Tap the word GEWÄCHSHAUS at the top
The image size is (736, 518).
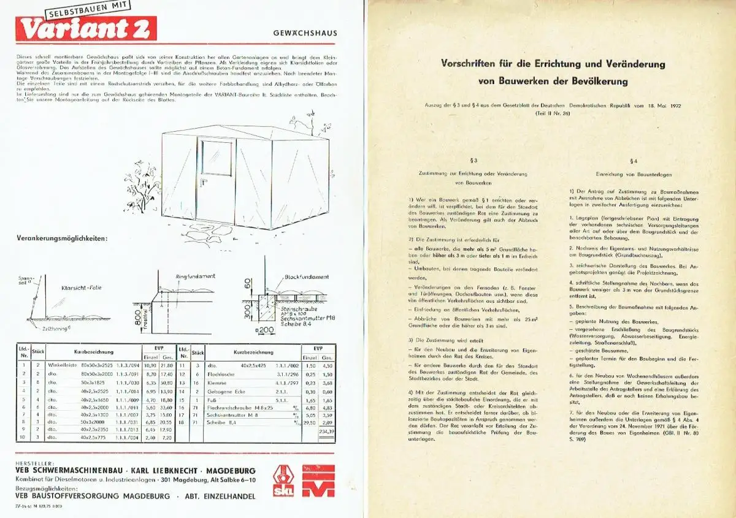304,34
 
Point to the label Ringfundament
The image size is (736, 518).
196,276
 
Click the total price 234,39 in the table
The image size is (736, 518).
328,432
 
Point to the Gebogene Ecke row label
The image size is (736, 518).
223,390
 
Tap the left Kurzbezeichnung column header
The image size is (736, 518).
94,352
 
